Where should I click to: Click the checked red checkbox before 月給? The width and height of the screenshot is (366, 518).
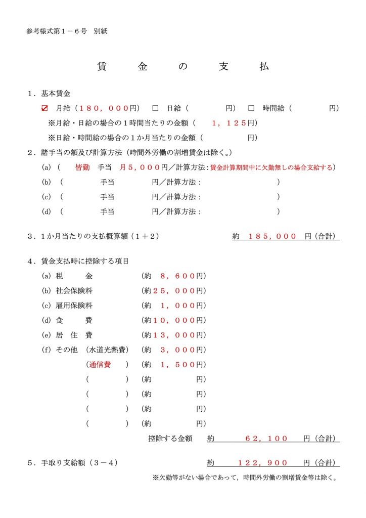[44, 108]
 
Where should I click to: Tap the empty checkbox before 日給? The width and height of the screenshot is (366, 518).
[155, 108]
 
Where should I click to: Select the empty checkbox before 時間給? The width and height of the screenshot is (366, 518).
[251, 108]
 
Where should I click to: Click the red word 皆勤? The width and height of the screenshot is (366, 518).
[82, 167]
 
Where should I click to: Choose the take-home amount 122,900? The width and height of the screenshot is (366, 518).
[263, 463]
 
